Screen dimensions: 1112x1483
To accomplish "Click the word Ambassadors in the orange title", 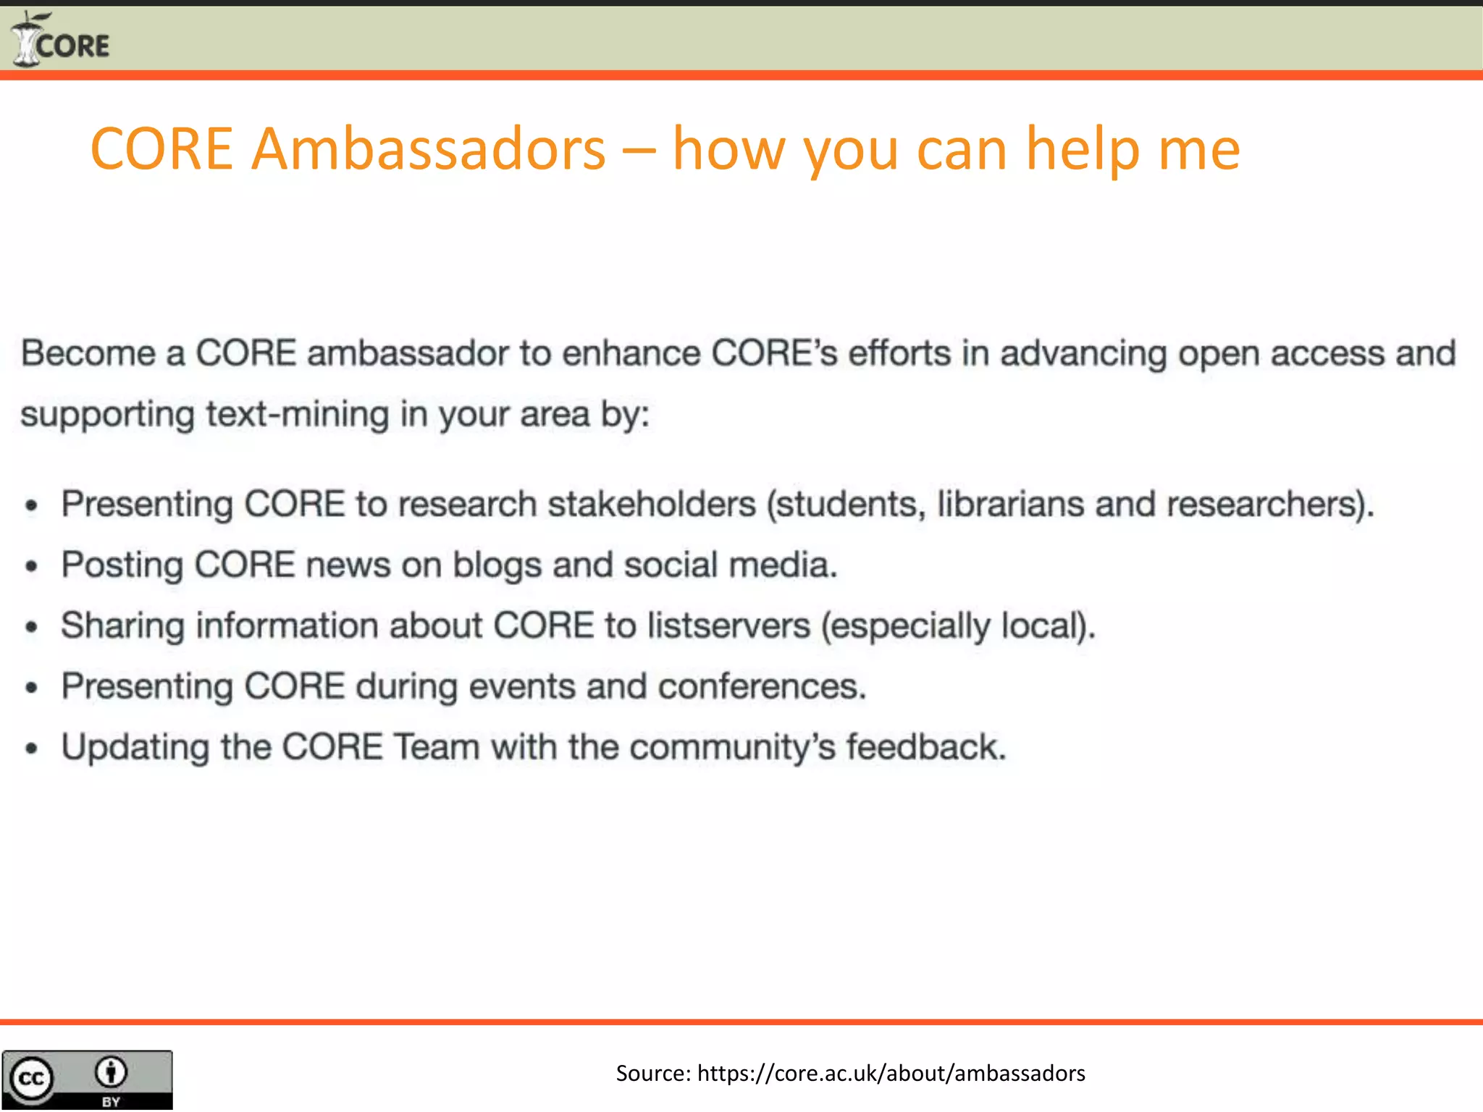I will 428,149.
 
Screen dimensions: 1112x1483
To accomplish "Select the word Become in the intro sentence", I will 88,354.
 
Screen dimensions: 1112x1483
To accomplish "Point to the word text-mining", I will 298,415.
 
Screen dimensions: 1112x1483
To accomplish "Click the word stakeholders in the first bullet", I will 651,504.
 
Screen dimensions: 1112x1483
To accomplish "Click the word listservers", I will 728,625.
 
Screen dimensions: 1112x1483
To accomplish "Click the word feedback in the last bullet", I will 926,747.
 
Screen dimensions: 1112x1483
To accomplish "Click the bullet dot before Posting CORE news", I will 31,567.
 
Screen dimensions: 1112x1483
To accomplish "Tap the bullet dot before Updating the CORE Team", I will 31,749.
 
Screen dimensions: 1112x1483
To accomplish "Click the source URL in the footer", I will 891,1073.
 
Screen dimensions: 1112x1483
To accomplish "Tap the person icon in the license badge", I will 111,1072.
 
